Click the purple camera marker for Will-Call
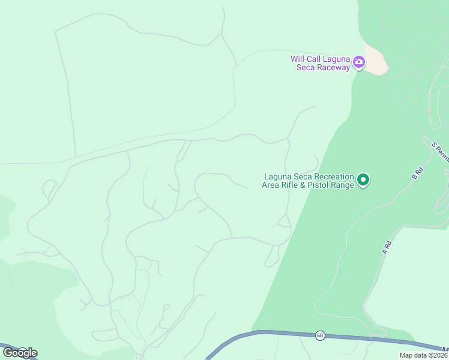[x=359, y=61]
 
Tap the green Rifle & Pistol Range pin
[x=363, y=179]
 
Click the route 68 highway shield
[x=320, y=335]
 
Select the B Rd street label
[x=418, y=174]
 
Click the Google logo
[x=20, y=353]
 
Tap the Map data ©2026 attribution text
[x=424, y=355]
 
